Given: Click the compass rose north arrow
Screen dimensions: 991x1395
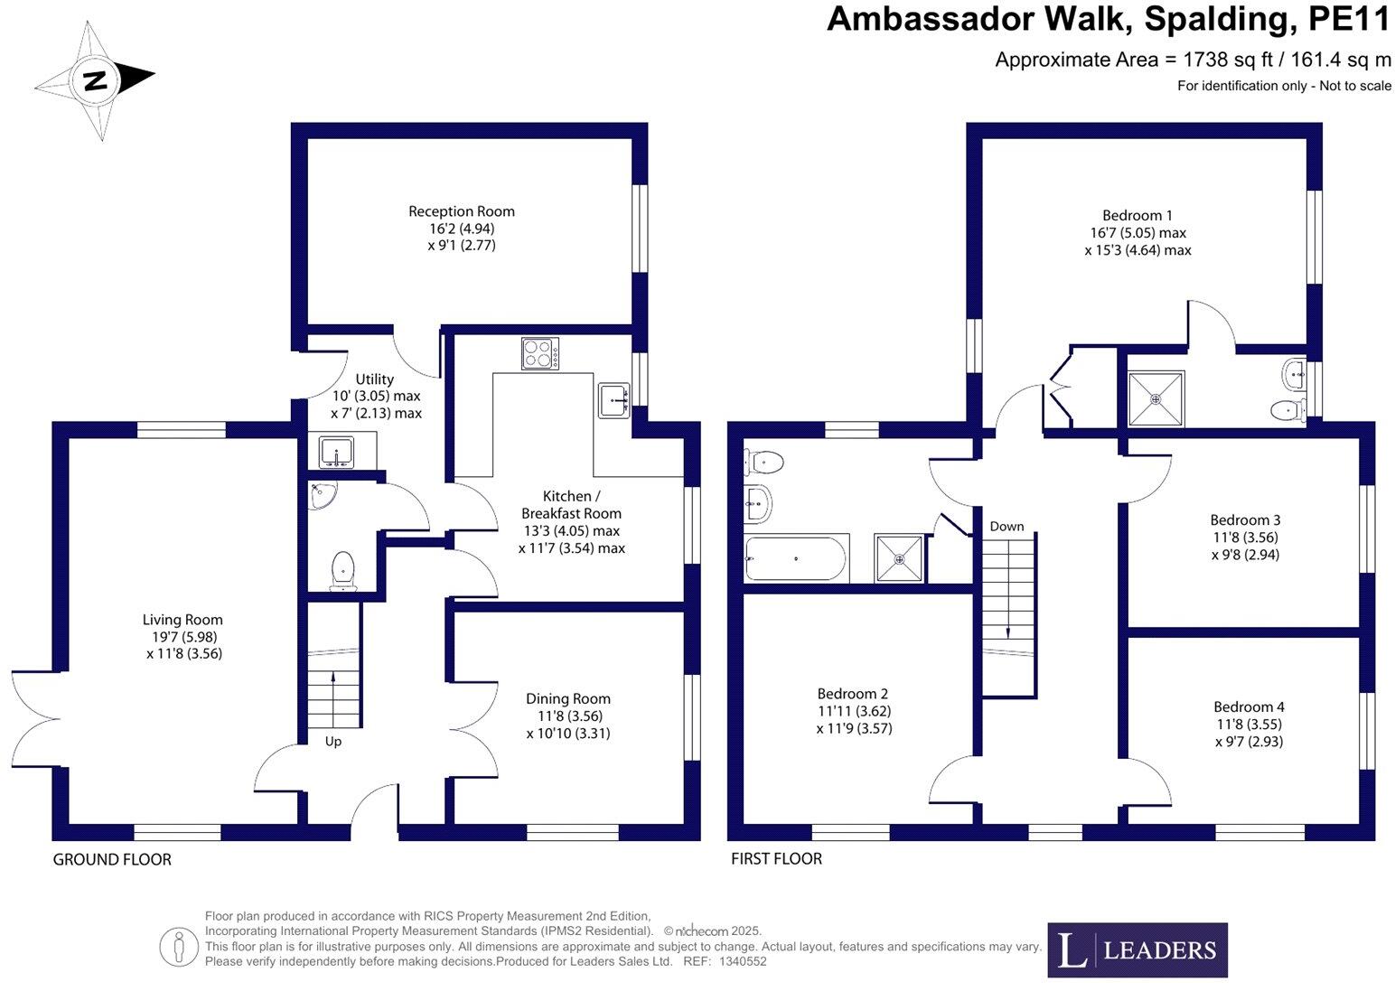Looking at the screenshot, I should coord(94,80).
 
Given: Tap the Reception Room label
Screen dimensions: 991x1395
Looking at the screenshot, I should coord(461,211).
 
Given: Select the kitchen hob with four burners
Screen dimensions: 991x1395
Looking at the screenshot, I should coord(539,353).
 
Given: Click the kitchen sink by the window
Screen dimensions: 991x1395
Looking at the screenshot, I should coord(615,399).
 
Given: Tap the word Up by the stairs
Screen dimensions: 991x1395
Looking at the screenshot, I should coord(332,742).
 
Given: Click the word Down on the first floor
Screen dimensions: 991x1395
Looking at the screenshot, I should coord(1006,526).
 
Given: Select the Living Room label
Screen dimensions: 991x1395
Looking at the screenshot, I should coord(183,620).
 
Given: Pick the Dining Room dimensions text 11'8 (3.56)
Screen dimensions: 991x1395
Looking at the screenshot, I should coord(567,715).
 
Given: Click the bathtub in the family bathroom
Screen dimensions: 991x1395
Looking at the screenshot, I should coord(795,558).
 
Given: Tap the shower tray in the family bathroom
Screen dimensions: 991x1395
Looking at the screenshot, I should coord(899,558).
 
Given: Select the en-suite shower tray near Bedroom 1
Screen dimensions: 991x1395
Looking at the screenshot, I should coord(1155,398).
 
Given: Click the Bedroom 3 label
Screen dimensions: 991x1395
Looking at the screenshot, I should coord(1245,519).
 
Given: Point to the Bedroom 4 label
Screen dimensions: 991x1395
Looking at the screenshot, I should coord(1249,706).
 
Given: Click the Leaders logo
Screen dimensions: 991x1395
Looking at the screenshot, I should coord(1137,949).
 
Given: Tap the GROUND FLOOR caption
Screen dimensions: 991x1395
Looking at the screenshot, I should coord(112,859).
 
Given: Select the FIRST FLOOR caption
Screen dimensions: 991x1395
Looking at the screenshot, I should coord(776,858).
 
